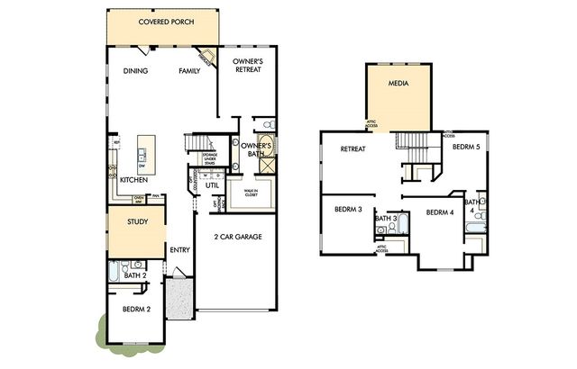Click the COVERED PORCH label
[163, 22]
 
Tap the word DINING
[135, 71]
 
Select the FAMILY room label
[189, 71]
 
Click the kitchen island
[142, 152]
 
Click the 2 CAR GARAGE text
[237, 238]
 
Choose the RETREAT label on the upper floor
[352, 149]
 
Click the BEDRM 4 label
[438, 212]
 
